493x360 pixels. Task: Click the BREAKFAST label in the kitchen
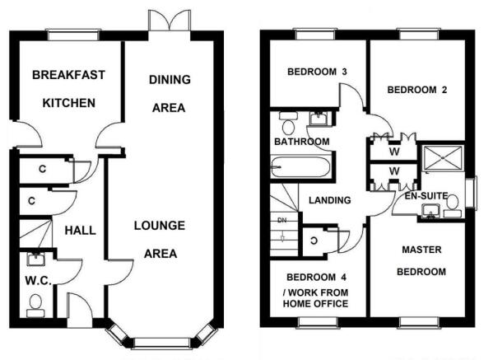click(68, 75)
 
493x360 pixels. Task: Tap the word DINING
click(170, 80)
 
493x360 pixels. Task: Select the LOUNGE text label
click(160, 226)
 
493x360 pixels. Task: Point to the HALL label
click(80, 231)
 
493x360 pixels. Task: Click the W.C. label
click(39, 281)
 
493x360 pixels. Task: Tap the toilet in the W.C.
click(35, 306)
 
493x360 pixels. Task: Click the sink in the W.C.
click(36, 259)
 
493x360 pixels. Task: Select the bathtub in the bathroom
click(300, 167)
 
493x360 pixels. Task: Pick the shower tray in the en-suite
click(443, 158)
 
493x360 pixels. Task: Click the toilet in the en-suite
click(452, 206)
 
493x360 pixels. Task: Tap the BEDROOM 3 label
click(317, 72)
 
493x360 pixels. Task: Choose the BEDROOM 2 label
click(417, 90)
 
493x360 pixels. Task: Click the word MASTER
click(421, 250)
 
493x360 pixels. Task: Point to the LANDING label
click(330, 200)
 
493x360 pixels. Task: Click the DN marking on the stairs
click(282, 221)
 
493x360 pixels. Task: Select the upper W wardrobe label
click(394, 152)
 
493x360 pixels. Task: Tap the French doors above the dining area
click(170, 20)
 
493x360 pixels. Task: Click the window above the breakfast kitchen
click(73, 35)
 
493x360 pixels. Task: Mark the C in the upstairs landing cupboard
click(314, 241)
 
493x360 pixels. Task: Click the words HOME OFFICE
click(316, 304)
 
